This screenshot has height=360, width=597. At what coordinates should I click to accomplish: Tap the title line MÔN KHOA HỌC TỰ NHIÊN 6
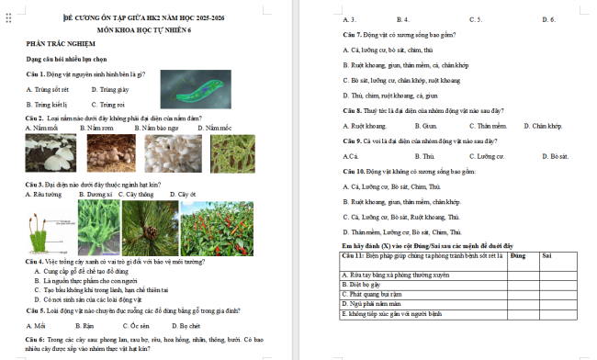pyautogui.click(x=150, y=29)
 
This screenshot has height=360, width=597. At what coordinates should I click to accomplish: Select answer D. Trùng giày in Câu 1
pyautogui.click(x=110, y=89)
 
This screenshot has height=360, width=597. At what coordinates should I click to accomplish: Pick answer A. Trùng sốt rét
pyautogui.click(x=47, y=89)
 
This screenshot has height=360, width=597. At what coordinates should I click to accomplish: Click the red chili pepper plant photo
pyautogui.click(x=217, y=228)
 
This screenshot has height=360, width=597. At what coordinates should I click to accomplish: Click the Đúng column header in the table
pyautogui.click(x=517, y=254)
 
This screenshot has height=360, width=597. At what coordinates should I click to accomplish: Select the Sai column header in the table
pyautogui.click(x=547, y=254)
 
